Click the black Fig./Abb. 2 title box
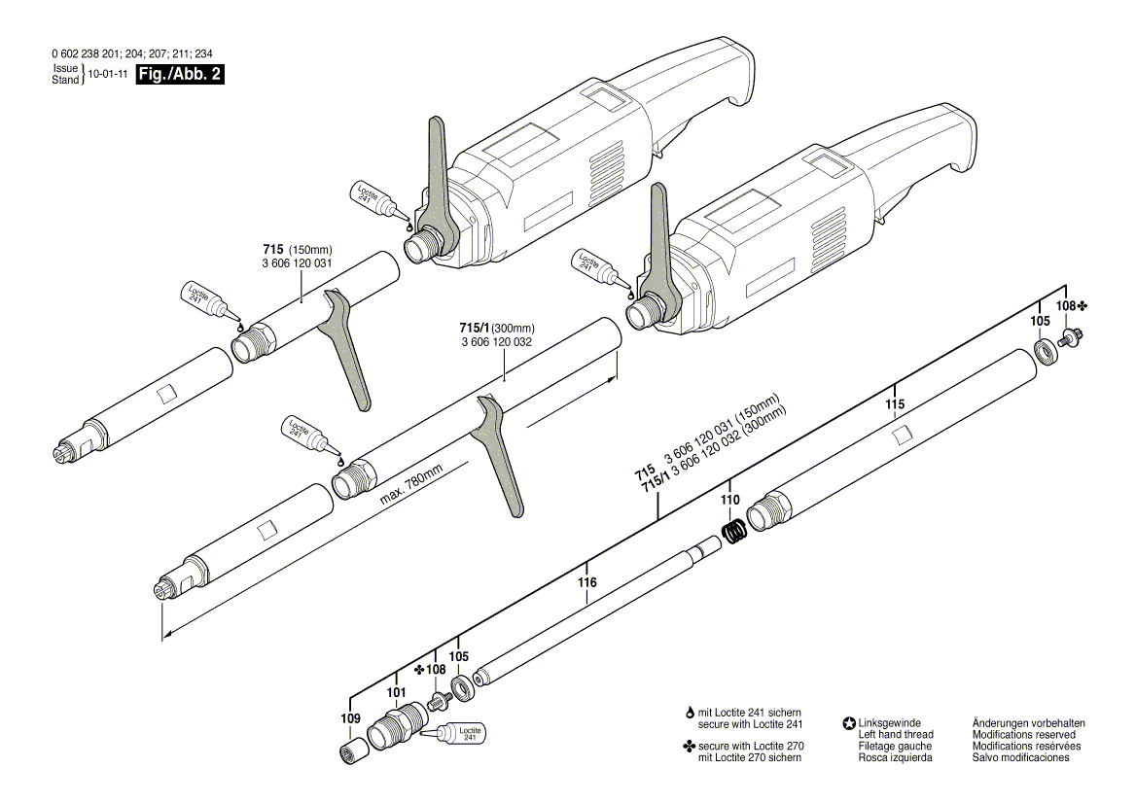(x=180, y=74)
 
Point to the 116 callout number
(x=586, y=582)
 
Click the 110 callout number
(x=730, y=500)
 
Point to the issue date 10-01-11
(x=108, y=74)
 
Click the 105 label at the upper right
(x=1041, y=320)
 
